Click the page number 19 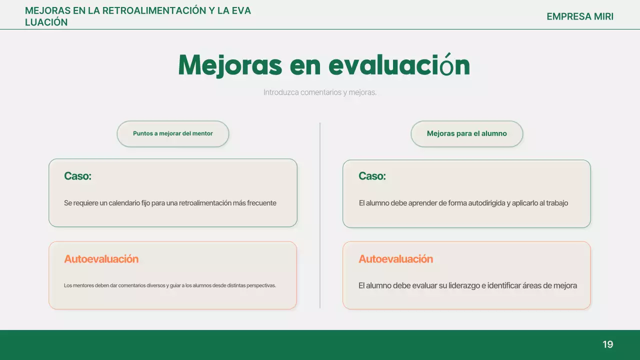point(607,344)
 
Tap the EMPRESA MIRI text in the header point(580,16)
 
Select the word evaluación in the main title point(399,65)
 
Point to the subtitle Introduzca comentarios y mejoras point(320,92)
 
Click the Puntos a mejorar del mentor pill point(173,134)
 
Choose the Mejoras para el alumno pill point(467,134)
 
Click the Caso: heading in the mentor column point(77,176)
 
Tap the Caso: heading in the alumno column point(372,176)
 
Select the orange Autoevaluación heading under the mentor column point(101,259)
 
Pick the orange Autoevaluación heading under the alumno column point(395,259)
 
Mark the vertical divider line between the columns point(320,215)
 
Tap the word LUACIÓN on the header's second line point(46,22)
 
